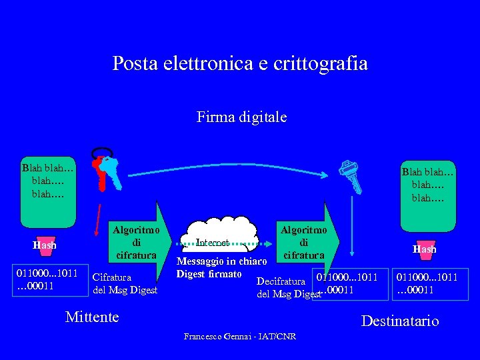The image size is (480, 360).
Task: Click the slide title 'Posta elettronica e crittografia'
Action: pos(240,63)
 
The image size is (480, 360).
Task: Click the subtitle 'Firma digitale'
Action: pos(241,117)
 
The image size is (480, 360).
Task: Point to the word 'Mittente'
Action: pos(92,317)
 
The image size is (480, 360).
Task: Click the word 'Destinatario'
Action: pos(399,321)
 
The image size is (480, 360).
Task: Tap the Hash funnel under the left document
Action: pos(45,245)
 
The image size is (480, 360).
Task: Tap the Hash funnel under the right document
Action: pos(425,249)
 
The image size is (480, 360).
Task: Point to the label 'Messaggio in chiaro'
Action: pos(222,261)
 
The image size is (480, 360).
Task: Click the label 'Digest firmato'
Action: pos(209,274)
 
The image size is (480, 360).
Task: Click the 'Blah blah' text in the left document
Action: pos(47,181)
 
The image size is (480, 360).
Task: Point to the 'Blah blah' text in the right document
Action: pos(427,184)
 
